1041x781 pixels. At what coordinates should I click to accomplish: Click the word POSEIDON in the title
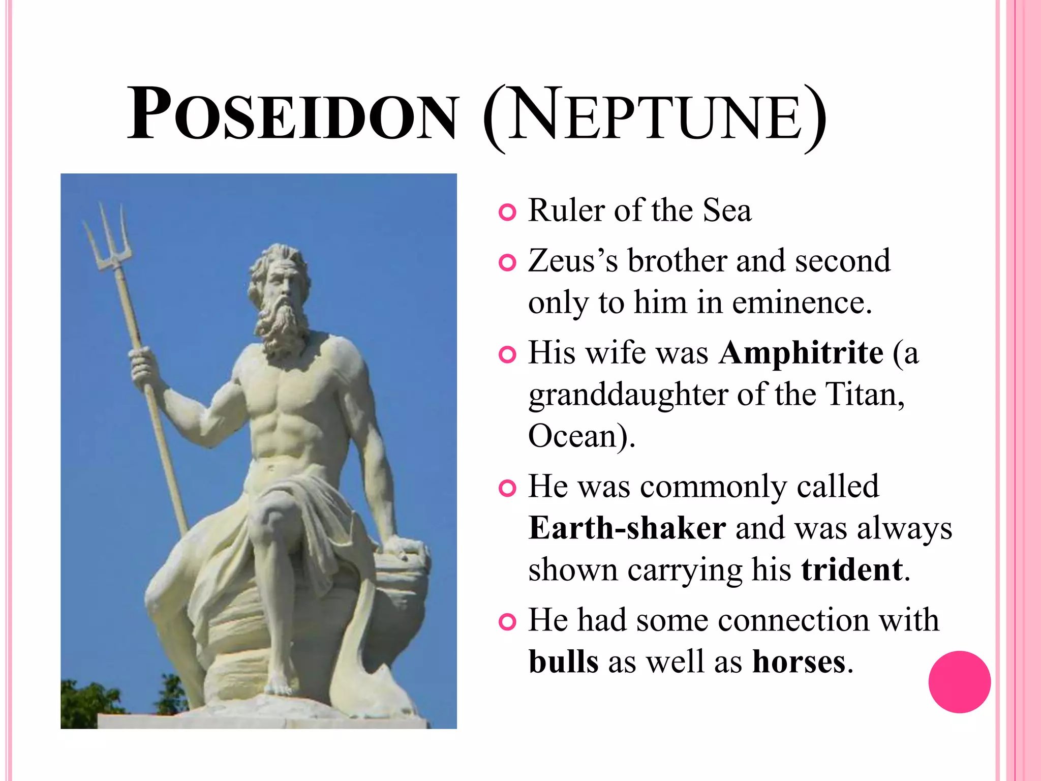coord(292,114)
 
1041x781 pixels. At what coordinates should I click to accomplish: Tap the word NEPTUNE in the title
coord(656,116)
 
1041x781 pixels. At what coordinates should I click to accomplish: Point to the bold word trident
coord(852,570)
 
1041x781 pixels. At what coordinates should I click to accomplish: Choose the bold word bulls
coord(564,662)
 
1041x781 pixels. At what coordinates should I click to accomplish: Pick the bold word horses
coord(799,662)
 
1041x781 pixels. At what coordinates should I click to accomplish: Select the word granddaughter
coord(628,396)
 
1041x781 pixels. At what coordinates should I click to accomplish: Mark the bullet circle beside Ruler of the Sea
coord(507,212)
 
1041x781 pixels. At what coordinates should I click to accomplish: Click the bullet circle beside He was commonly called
coord(507,488)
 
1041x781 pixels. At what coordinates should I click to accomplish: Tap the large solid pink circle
coord(959,682)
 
